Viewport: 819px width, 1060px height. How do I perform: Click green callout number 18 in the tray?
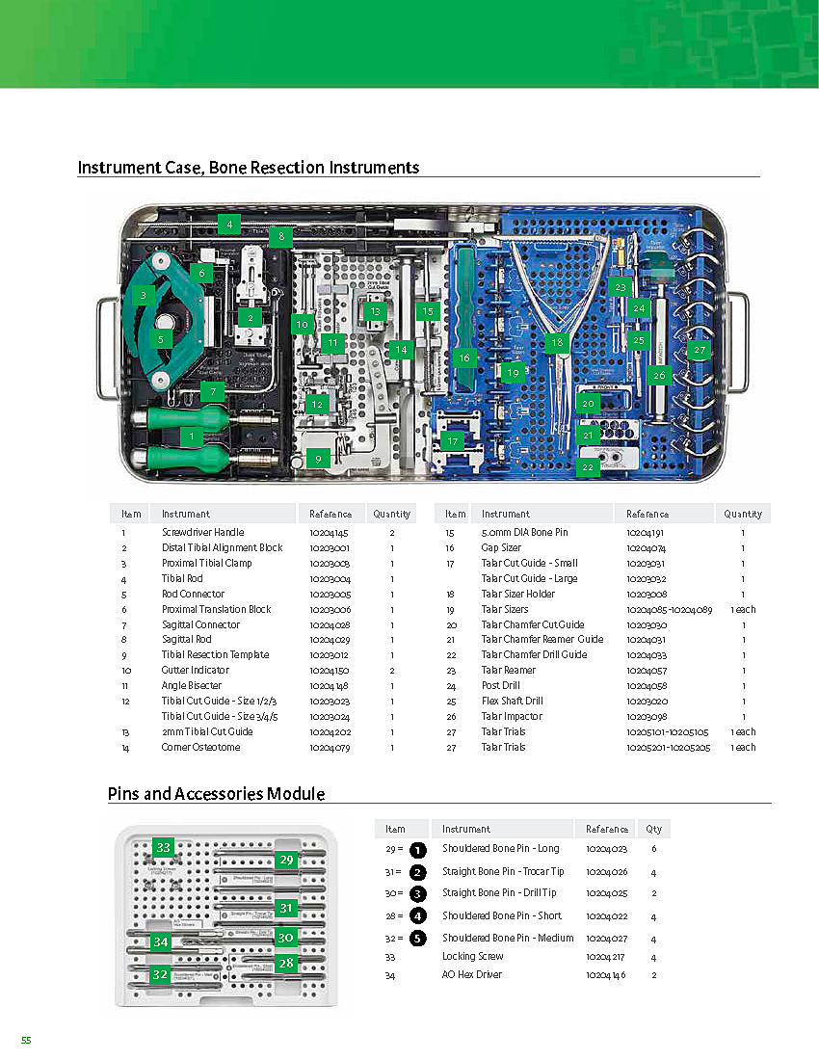(557, 342)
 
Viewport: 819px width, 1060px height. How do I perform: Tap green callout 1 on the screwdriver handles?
(193, 437)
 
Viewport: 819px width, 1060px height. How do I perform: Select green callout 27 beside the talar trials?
(700, 351)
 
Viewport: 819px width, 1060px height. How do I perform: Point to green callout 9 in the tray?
(318, 460)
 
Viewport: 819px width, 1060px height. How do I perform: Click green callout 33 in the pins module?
(164, 848)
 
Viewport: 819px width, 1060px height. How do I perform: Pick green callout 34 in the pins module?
(161, 941)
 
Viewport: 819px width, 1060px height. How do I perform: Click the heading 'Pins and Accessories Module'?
(216, 794)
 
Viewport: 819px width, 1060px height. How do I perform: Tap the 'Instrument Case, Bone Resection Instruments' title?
(249, 168)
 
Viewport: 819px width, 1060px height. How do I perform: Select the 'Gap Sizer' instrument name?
(501, 547)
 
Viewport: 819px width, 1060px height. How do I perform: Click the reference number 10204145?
(329, 533)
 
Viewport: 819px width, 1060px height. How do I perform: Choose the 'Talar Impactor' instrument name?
(512, 716)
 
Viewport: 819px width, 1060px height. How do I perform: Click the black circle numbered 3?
(417, 893)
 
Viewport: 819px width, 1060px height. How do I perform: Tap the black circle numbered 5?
(417, 938)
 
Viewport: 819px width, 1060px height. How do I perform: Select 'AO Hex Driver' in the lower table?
(472, 975)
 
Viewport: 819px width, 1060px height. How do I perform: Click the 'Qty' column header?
(653, 829)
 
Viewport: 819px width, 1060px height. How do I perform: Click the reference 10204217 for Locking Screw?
(606, 957)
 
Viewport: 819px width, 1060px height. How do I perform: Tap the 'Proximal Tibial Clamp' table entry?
(206, 563)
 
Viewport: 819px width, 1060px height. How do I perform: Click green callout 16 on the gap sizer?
(464, 358)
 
